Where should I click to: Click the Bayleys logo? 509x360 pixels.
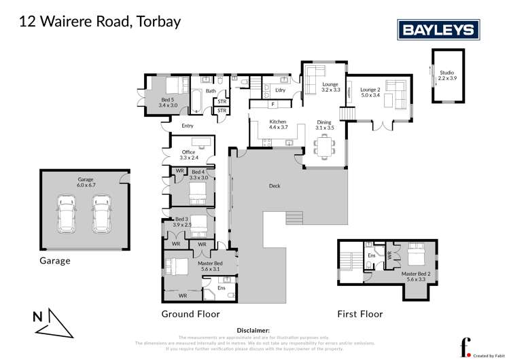click(438, 29)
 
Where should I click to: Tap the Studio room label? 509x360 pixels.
click(446, 75)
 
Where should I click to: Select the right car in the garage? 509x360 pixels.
click(101, 213)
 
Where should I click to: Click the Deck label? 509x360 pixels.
click(275, 185)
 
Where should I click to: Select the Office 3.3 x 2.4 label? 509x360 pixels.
click(188, 155)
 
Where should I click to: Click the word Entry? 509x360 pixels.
click(188, 126)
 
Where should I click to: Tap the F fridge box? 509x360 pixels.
click(272, 104)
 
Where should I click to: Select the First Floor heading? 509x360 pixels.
click(360, 314)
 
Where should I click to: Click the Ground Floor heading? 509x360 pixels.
click(190, 314)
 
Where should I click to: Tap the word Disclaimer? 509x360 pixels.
click(254, 329)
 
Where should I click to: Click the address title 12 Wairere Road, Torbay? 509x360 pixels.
click(99, 22)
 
